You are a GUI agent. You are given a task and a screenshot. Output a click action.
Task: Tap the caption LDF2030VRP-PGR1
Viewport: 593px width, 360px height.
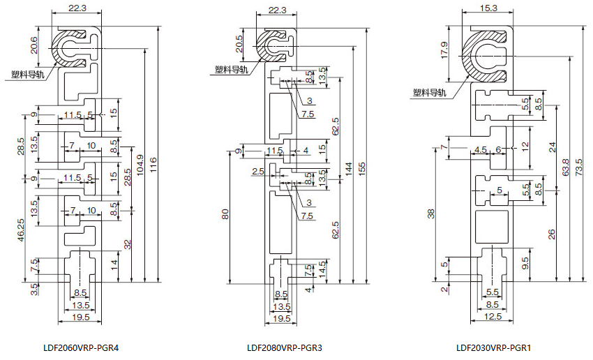[x=488, y=347]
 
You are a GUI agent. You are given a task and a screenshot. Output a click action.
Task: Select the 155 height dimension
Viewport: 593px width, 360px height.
[x=361, y=169]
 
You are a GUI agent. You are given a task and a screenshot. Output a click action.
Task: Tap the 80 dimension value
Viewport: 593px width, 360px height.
[x=225, y=214]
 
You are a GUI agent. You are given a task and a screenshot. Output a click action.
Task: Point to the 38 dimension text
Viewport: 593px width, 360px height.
[x=431, y=213]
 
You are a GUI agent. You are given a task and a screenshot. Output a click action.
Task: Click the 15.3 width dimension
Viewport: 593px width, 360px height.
[x=489, y=8]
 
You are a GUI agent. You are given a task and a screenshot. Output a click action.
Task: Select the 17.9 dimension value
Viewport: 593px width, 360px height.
[x=444, y=50]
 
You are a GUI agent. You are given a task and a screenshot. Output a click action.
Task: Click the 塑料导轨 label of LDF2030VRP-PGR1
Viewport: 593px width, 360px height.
[x=428, y=92]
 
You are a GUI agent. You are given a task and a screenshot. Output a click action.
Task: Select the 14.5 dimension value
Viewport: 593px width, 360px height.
[x=322, y=269]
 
